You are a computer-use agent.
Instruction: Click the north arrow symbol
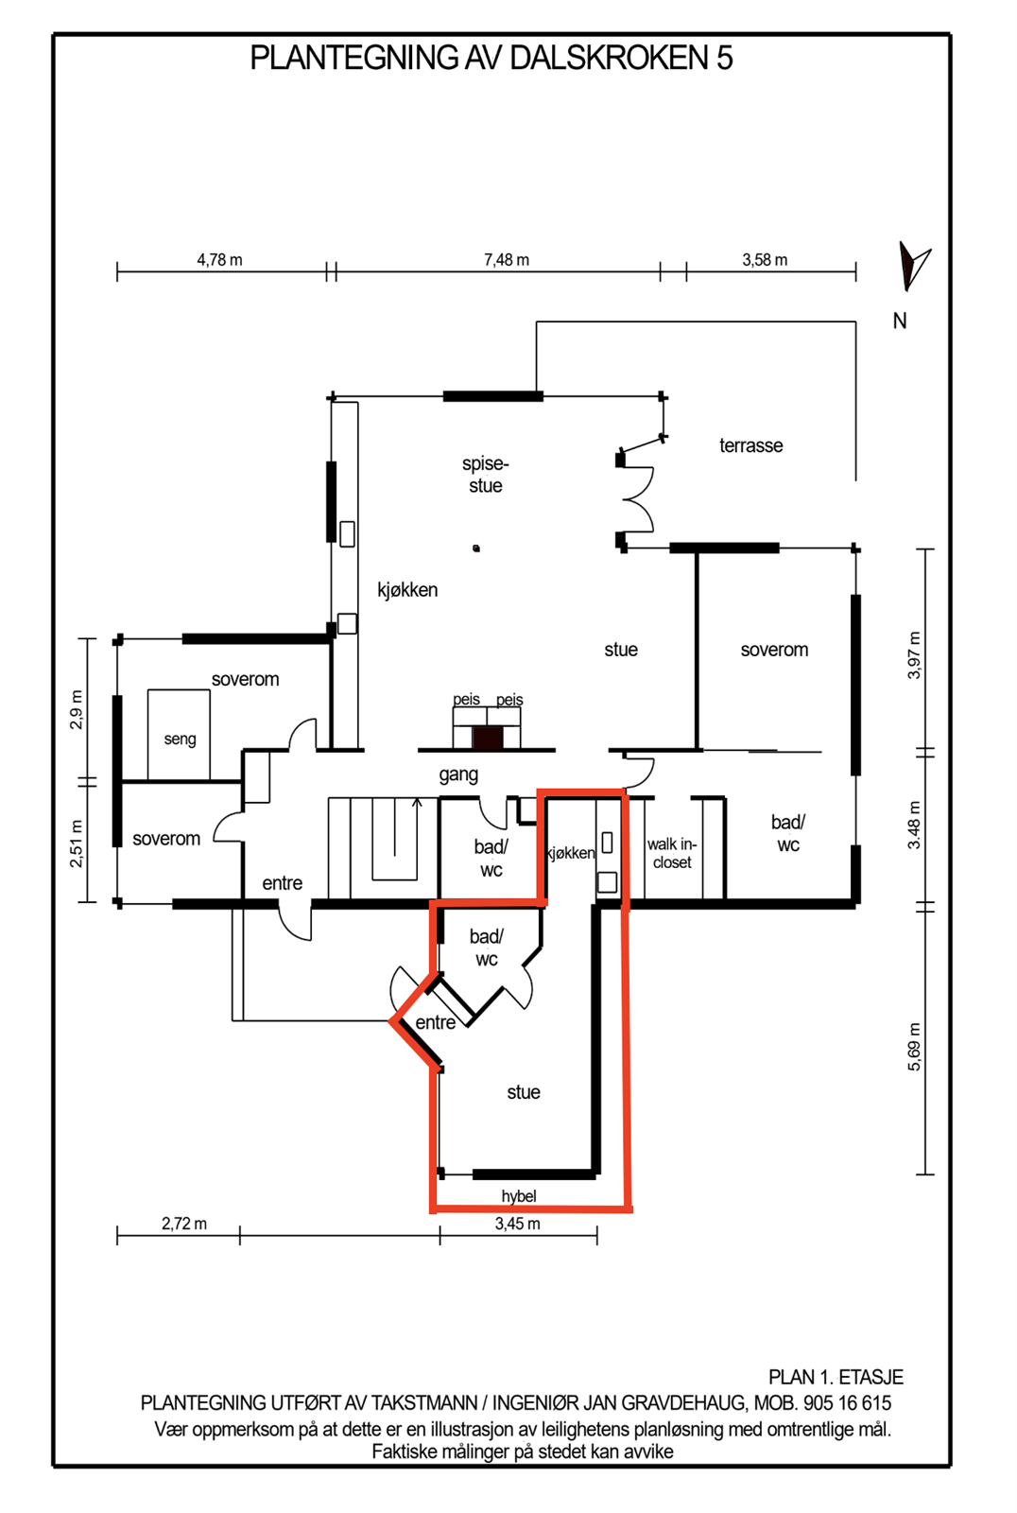point(912,266)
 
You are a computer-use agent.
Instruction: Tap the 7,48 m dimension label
point(507,260)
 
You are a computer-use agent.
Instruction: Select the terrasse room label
point(750,445)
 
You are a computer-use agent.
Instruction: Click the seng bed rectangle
point(179,734)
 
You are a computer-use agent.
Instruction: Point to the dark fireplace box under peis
point(488,739)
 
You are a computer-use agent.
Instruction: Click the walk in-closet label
point(672,853)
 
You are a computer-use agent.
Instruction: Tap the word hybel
point(519,1196)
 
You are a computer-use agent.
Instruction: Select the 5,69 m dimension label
point(914,1047)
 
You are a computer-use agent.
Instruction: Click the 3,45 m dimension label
point(517,1224)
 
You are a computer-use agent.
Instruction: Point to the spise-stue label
point(486,475)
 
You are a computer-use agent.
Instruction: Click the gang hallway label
point(458,774)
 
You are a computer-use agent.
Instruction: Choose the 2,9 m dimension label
point(77,710)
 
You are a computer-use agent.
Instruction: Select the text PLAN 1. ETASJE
point(836,1377)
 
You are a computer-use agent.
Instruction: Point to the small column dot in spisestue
point(476,548)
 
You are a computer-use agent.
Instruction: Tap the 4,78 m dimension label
point(219,260)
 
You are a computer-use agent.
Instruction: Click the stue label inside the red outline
point(524,1092)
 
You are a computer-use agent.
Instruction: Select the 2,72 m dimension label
point(184,1224)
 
